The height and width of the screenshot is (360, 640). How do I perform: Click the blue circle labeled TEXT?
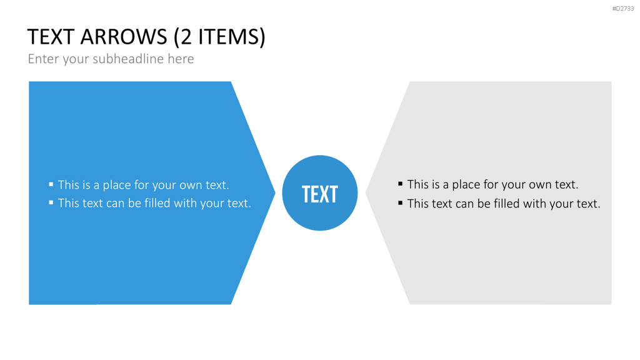(320, 192)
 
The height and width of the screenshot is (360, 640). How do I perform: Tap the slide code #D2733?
(623, 9)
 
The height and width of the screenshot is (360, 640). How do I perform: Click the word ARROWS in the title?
(124, 37)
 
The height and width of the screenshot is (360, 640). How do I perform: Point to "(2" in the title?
(182, 37)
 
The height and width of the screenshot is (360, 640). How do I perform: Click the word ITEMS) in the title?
(232, 37)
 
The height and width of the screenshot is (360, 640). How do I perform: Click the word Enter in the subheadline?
(44, 59)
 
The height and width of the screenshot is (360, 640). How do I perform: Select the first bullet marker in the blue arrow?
(51, 184)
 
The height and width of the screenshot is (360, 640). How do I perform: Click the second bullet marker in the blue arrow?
(51, 202)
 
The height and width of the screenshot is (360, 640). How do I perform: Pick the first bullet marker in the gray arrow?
(401, 184)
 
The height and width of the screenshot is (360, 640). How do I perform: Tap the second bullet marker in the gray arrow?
(401, 202)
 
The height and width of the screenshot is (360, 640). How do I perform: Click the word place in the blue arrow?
(116, 185)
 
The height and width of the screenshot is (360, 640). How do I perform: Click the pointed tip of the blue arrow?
(276, 192)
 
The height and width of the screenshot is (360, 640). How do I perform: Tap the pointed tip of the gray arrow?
(365, 192)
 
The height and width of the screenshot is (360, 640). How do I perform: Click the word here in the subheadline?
(181, 59)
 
